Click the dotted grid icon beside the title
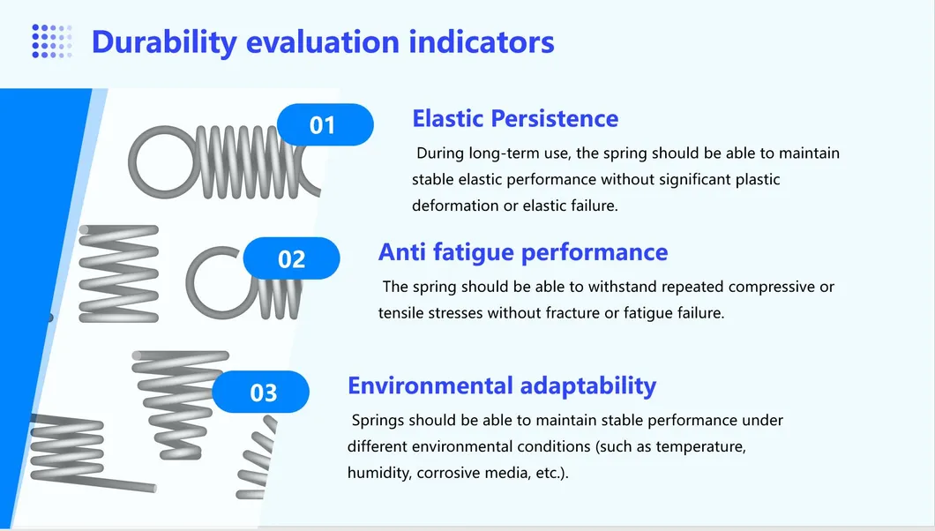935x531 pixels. (52, 41)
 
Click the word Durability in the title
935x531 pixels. (165, 42)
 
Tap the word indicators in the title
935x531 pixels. (482, 41)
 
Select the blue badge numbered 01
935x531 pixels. (325, 124)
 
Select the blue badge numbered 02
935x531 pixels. (292, 258)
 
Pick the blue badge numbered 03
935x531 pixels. (260, 392)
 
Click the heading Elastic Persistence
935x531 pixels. (515, 118)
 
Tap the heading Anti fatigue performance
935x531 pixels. (523, 252)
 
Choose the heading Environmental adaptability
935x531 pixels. (502, 386)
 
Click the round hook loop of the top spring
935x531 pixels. (132, 162)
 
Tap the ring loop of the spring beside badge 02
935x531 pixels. (191, 282)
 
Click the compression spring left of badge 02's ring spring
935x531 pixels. (119, 273)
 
